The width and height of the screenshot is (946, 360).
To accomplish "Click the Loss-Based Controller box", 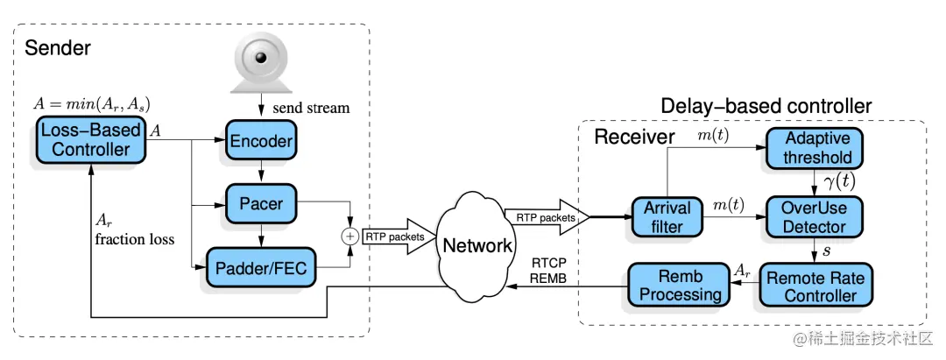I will pos(90,139).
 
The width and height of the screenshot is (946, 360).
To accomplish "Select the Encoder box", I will pos(260,140).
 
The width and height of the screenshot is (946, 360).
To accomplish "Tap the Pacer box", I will pos(260,203).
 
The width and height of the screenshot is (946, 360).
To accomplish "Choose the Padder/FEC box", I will pos(260,266).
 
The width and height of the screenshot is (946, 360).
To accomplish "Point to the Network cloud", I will pos(477,244).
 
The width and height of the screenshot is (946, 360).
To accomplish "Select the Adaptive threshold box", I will pos(818,148).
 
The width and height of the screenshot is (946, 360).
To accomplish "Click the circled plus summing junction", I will pos(350,236).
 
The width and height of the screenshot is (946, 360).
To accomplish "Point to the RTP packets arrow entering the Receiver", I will pos(544,216).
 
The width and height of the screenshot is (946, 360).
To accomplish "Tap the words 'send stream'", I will pos(311,109).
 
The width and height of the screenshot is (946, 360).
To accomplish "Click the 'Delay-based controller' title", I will pos(766,106).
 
